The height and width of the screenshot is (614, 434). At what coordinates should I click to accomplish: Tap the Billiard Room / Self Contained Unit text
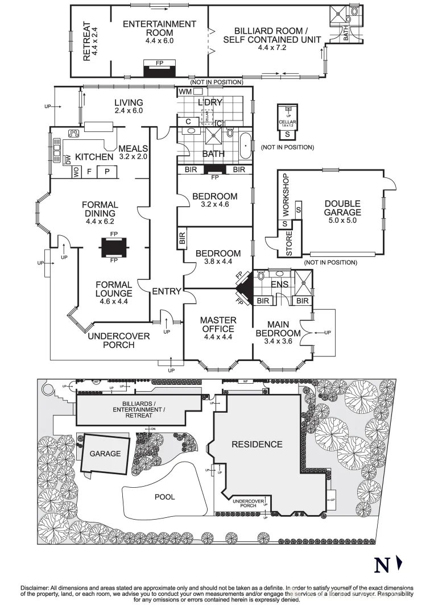pos(271,35)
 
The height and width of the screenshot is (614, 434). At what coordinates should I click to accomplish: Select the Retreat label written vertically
pos(91,42)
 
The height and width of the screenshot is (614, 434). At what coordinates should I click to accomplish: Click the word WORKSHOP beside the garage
pos(286,194)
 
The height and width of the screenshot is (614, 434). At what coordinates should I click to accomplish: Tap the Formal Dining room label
pos(100,209)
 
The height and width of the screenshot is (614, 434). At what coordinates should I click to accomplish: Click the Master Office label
pos(218,325)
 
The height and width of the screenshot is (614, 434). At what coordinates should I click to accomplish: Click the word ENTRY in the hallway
pos(166,292)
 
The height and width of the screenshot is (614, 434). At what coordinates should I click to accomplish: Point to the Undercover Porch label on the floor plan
pos(119,340)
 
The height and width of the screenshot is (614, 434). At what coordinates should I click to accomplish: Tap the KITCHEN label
pos(94,157)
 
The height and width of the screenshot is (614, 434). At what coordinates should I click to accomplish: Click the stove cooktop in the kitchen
pos(73,134)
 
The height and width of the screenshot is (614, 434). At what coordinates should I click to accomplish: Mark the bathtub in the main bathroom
pos(245,147)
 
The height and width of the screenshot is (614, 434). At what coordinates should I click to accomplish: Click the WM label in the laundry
pos(185,92)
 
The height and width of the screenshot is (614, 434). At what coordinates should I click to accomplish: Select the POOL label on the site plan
pos(165,496)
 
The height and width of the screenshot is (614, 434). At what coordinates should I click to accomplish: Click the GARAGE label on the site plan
pos(105,454)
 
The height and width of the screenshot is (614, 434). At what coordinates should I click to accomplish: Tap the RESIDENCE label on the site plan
pos(257,445)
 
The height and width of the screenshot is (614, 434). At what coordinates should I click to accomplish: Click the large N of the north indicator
pos(382,566)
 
